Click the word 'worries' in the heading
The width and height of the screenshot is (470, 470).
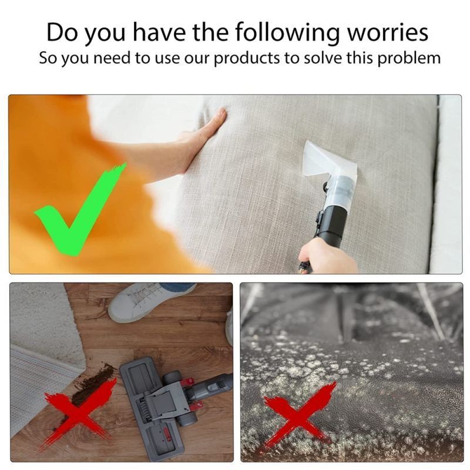388,32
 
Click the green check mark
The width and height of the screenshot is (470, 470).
80,209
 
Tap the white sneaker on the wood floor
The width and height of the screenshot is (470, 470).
150,302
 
